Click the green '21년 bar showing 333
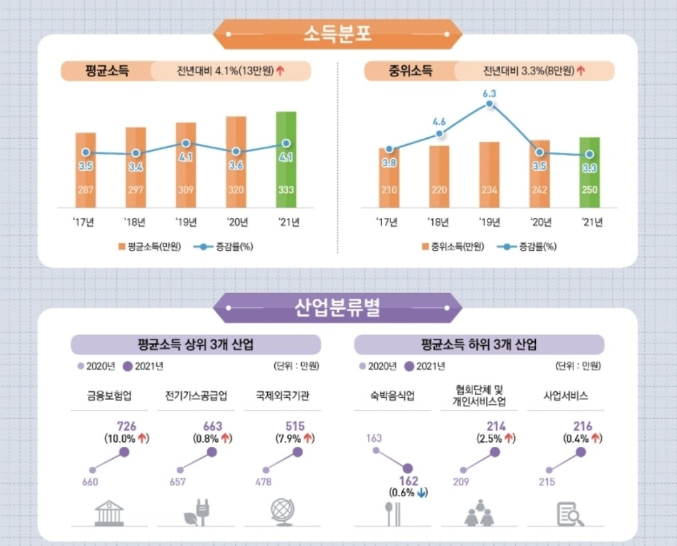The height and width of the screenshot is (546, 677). click(x=286, y=159)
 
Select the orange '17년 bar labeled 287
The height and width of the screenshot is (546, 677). click(x=85, y=169)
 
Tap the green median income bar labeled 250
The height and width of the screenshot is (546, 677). click(x=589, y=172)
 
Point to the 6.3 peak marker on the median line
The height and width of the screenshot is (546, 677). click(x=489, y=105)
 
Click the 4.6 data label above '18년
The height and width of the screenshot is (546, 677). click(x=439, y=122)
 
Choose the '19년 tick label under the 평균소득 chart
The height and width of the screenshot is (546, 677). click(x=186, y=222)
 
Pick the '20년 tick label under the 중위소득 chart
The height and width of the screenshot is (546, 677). click(x=539, y=222)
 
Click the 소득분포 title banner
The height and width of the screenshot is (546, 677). click(x=338, y=34)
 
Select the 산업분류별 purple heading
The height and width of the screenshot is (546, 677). click(x=338, y=308)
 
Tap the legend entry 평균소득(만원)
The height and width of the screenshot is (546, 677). click(x=149, y=247)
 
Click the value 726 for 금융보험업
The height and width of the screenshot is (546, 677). click(x=127, y=427)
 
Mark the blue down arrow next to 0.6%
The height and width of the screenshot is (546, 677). click(x=422, y=493)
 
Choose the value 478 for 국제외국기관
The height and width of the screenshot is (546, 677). click(x=264, y=482)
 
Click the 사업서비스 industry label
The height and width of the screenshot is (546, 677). click(x=565, y=396)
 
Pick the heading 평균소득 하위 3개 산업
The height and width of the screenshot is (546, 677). click(x=479, y=345)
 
